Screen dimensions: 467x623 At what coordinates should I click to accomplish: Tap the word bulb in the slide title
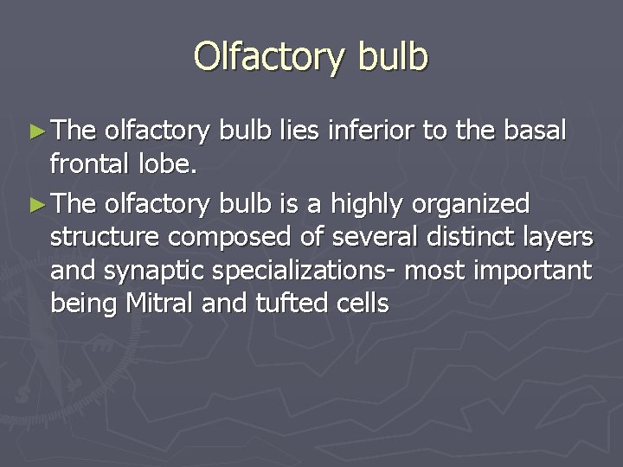click(x=390, y=57)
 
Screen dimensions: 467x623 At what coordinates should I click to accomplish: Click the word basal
click(x=534, y=131)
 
